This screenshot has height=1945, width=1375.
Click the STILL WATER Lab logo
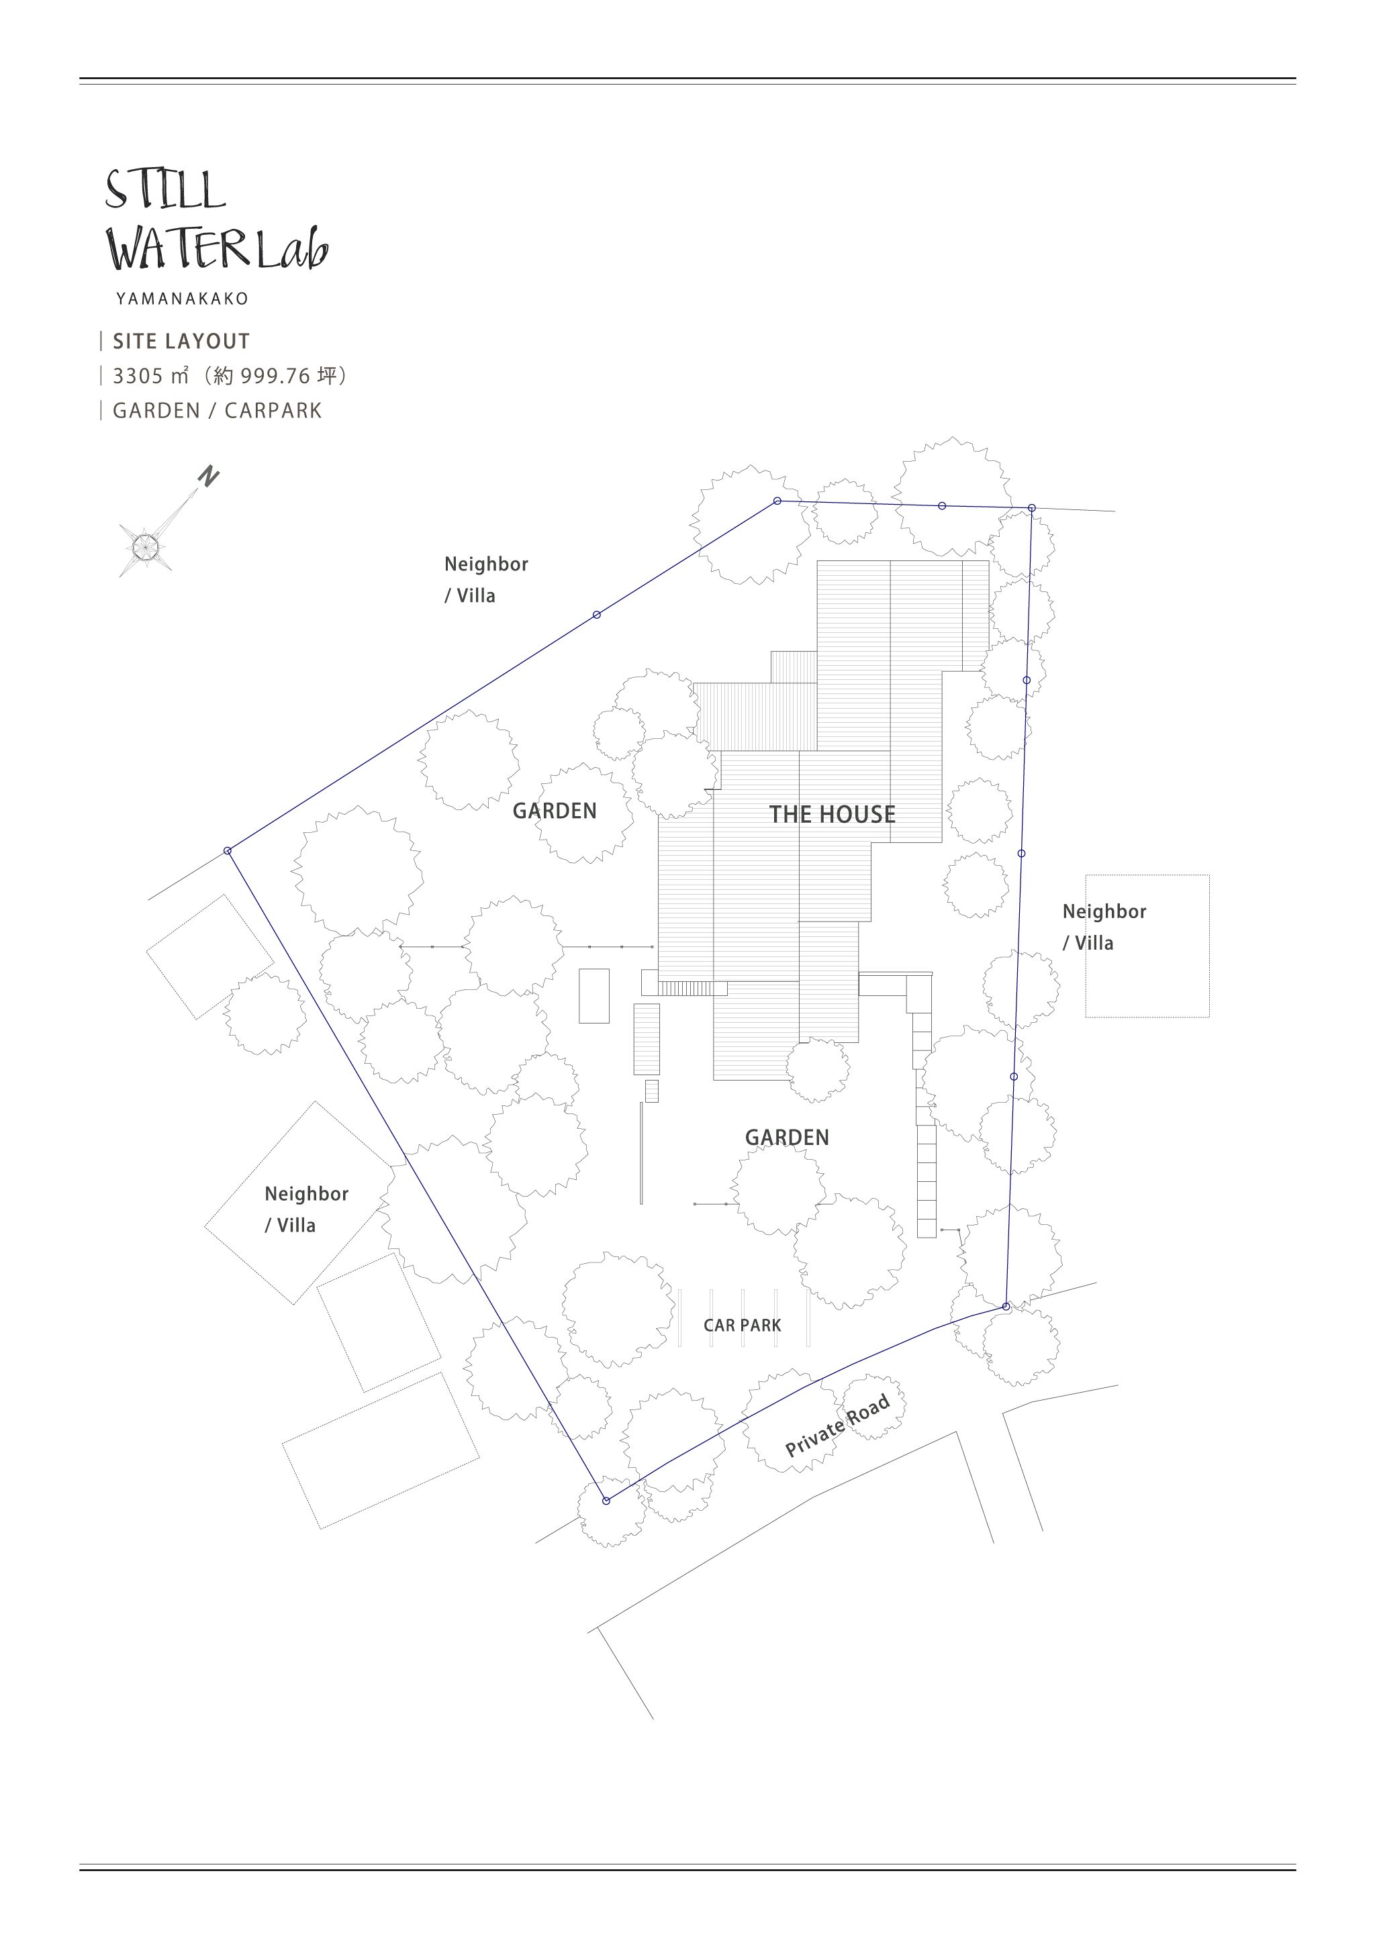click(216, 219)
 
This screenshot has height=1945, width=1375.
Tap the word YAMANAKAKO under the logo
click(182, 299)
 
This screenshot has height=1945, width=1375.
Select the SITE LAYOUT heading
click(181, 342)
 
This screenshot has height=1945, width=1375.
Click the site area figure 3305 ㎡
click(151, 375)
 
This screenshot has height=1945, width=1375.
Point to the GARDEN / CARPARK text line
click(218, 411)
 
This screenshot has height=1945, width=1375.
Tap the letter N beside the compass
click(208, 476)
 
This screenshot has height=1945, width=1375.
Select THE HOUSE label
click(832, 815)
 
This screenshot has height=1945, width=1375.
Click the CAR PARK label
click(742, 1325)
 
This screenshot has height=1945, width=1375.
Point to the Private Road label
click(837, 1425)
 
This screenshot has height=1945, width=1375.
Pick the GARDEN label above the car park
click(787, 1138)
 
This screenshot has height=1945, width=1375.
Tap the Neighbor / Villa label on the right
click(1104, 927)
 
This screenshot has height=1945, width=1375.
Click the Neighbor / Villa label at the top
click(486, 579)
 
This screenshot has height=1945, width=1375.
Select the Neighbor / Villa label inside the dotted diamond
click(307, 1209)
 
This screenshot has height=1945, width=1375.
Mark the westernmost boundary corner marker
click(228, 850)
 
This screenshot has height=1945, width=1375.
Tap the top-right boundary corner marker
click(1032, 508)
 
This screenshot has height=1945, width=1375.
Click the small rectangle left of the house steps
click(594, 996)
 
